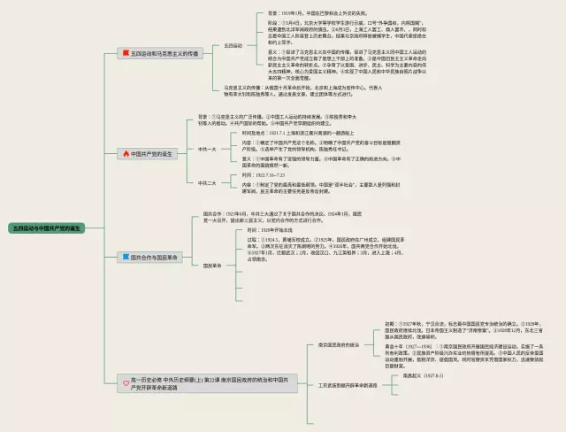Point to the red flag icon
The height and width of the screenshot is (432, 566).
point(125,53)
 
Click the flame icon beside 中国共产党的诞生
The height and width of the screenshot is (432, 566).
point(125,153)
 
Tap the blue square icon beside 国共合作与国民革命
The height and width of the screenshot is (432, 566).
point(125,258)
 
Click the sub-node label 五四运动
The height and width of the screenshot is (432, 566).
point(233,44)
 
